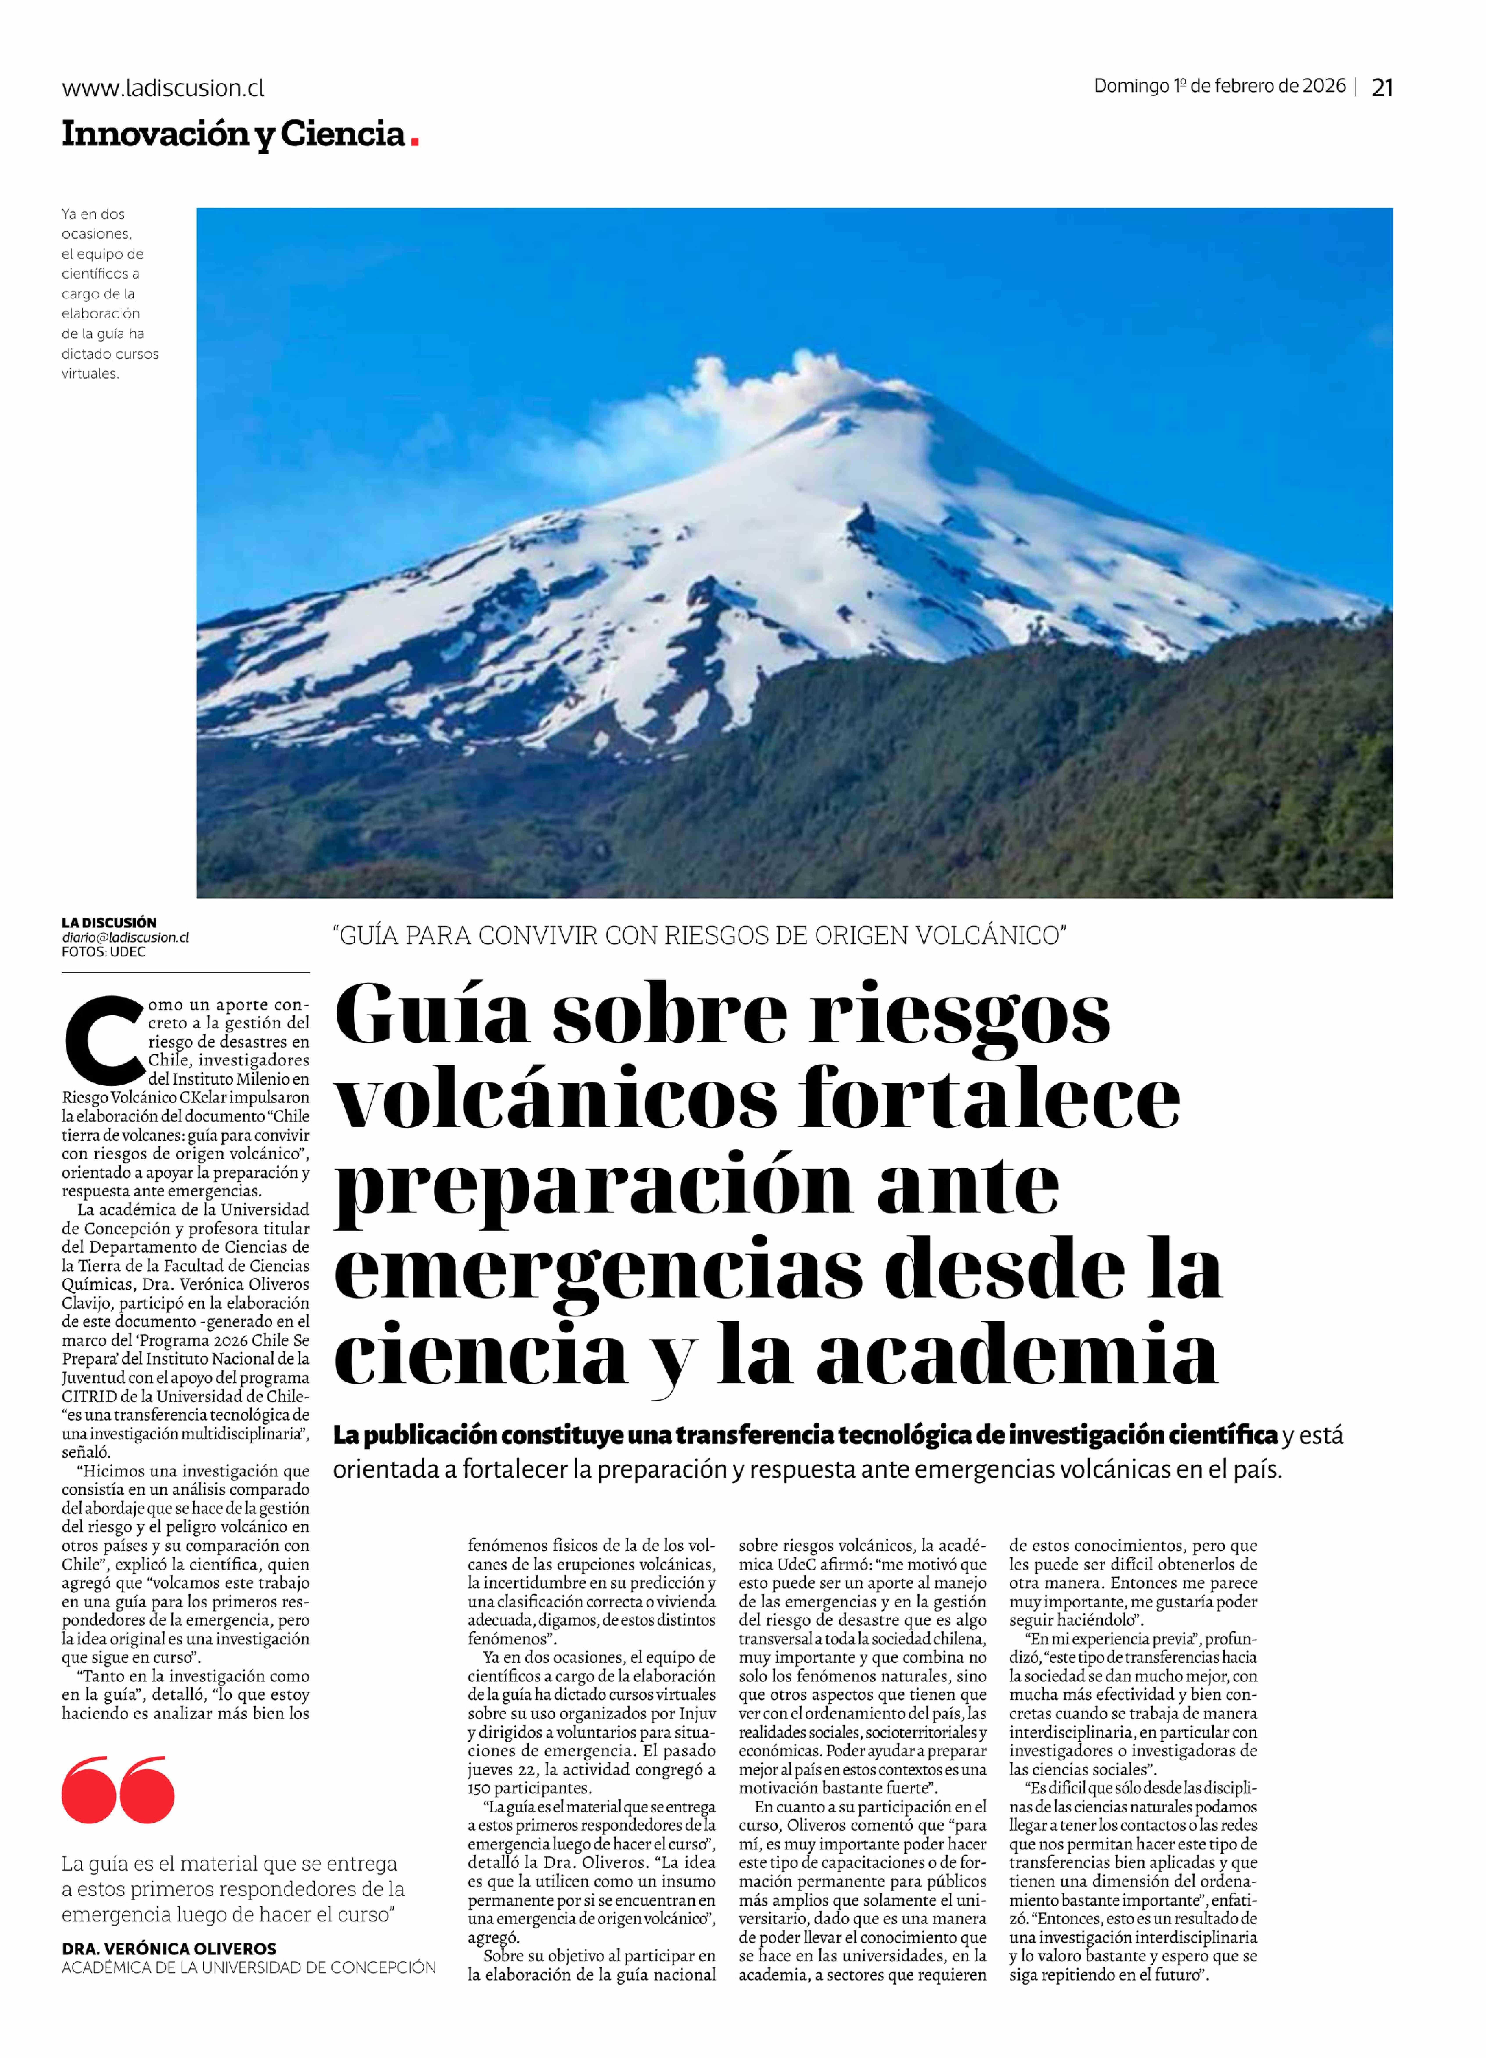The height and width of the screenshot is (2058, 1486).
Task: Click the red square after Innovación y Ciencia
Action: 415,141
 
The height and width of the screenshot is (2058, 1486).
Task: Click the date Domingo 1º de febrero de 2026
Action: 1219,86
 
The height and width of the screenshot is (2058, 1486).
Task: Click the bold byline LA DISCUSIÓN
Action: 109,922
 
